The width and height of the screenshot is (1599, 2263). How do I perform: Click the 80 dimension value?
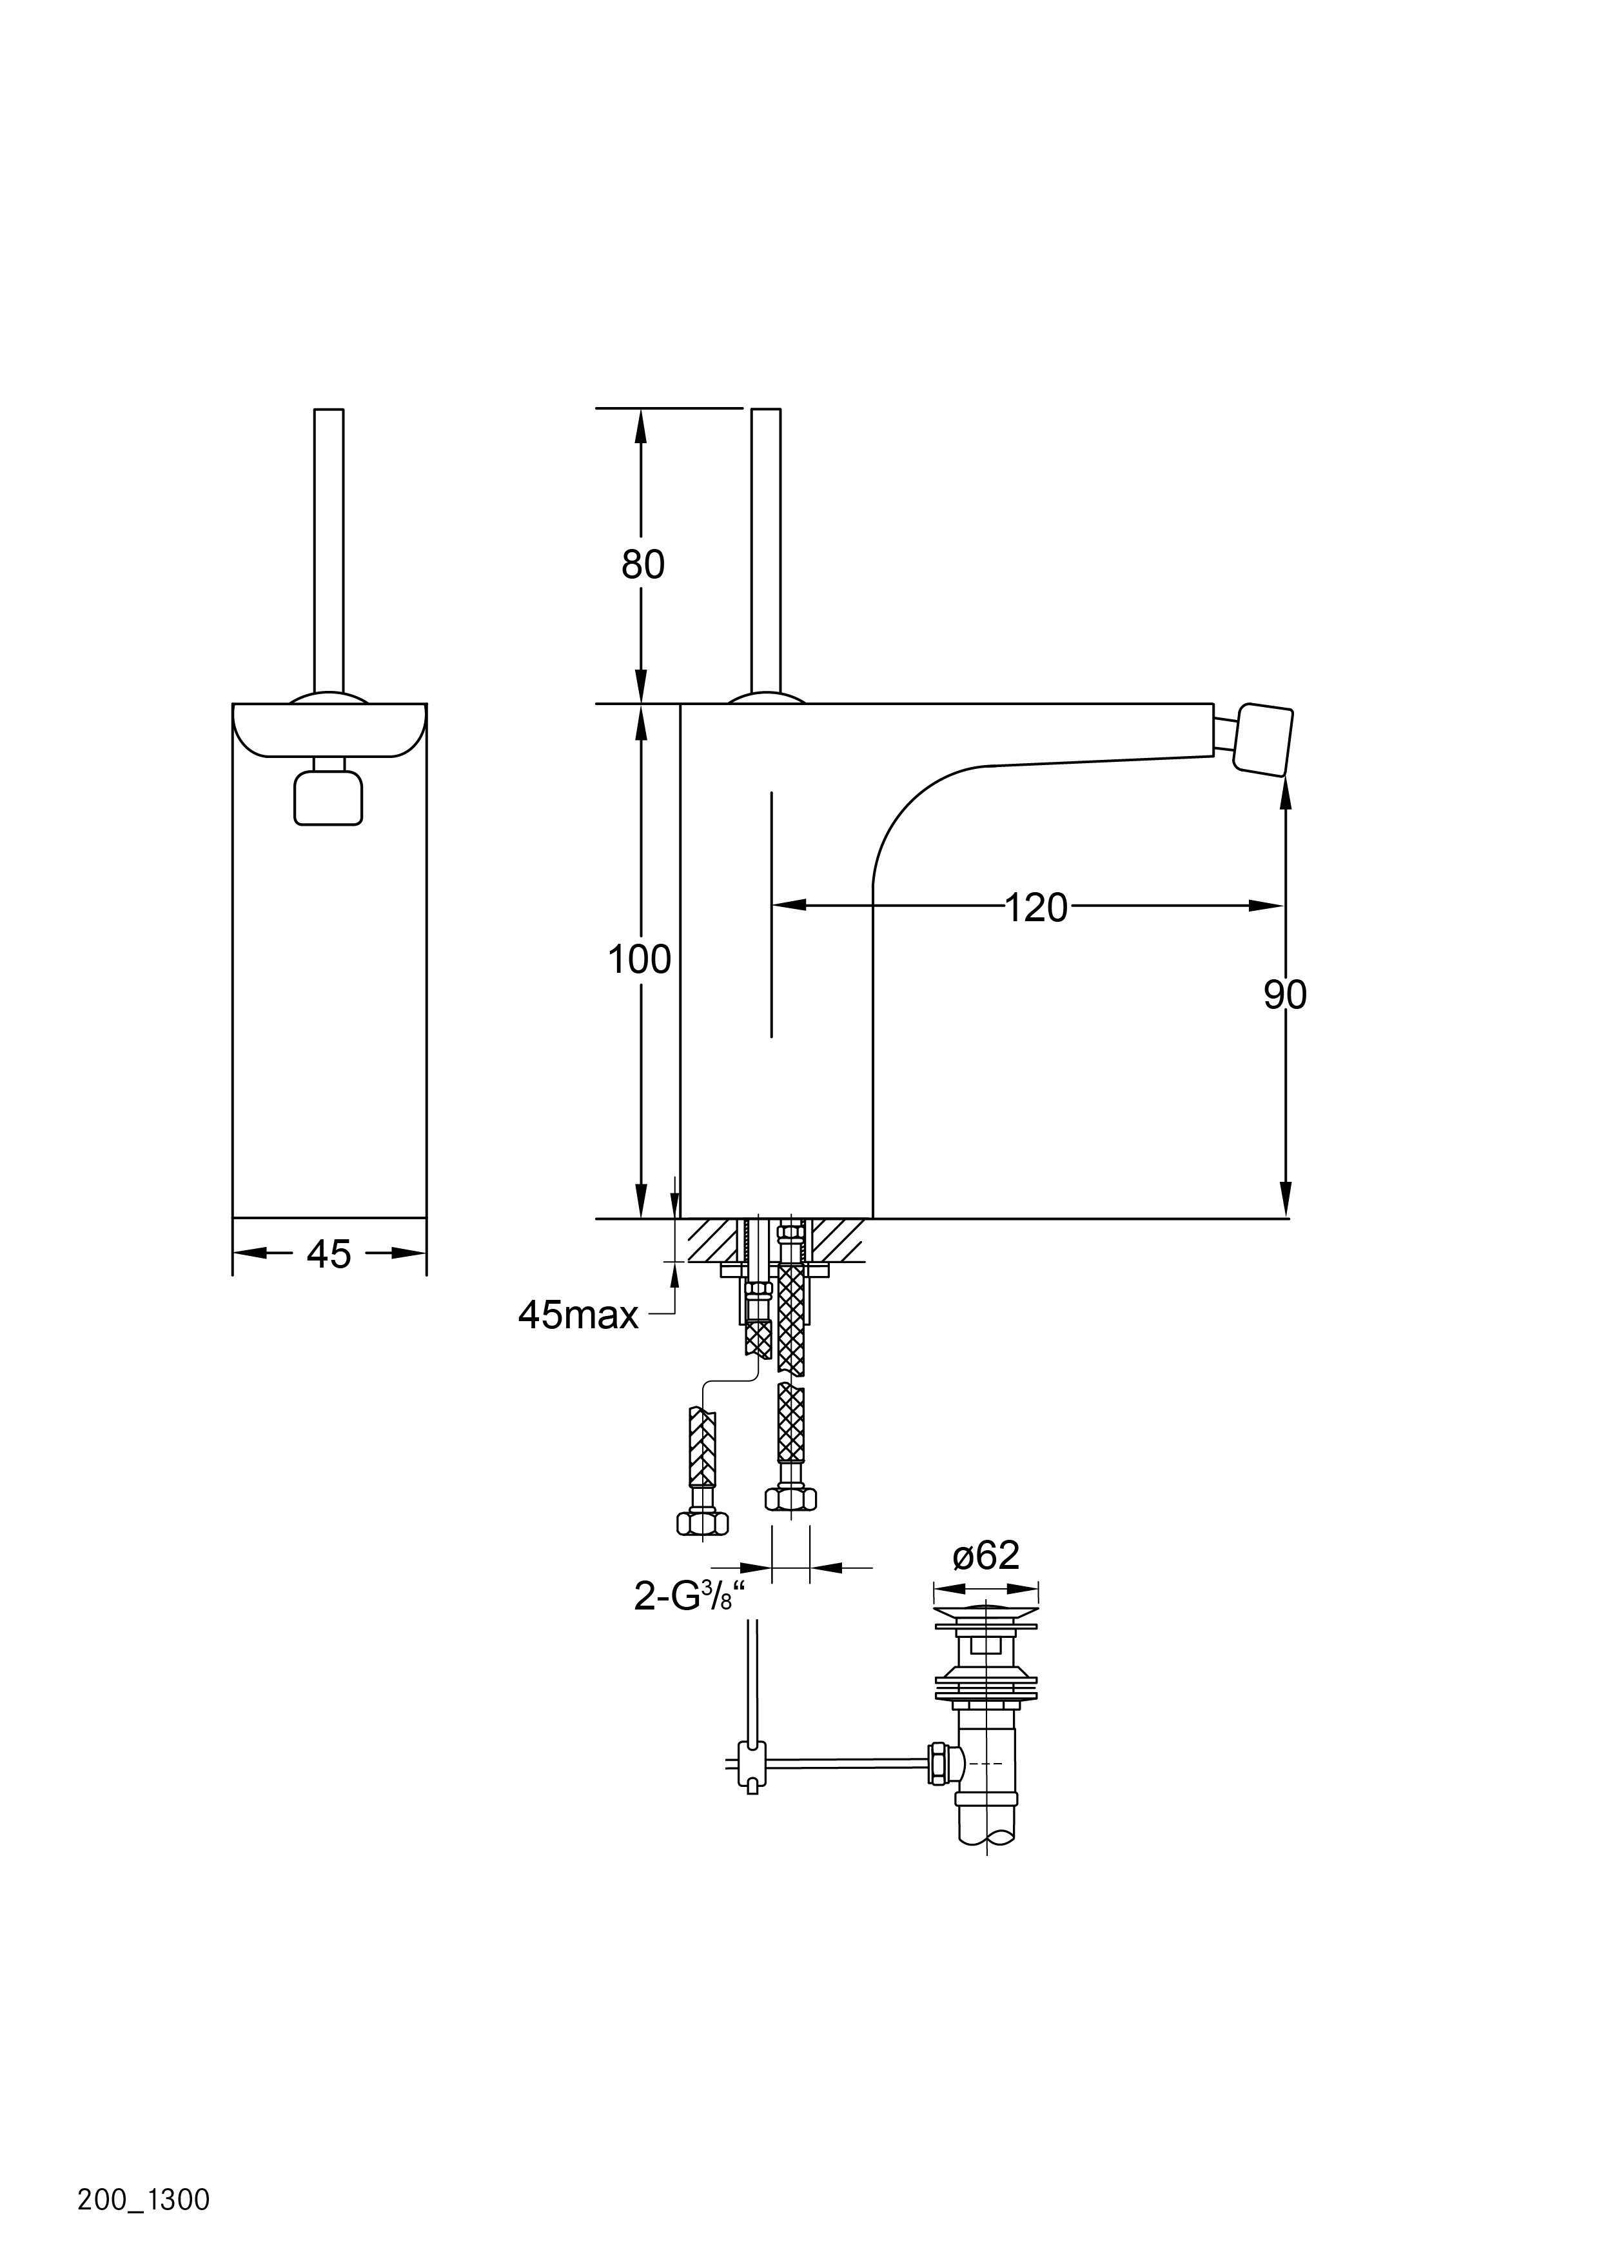pos(642,564)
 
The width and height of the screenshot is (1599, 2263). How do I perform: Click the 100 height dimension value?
pos(640,959)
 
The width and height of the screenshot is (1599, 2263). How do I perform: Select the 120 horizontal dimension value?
pos(1036,907)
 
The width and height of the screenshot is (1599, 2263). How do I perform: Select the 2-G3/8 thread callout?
pos(690,1596)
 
